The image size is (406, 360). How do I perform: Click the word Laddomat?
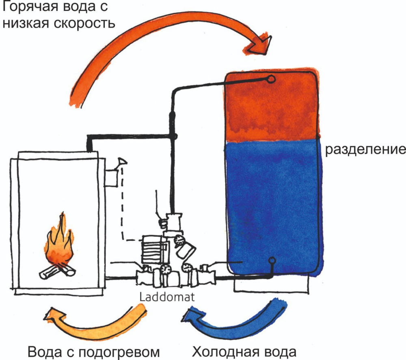pos(167,296)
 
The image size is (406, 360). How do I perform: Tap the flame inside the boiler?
pos(59,244)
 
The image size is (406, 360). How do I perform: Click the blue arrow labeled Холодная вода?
pos(235,321)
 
